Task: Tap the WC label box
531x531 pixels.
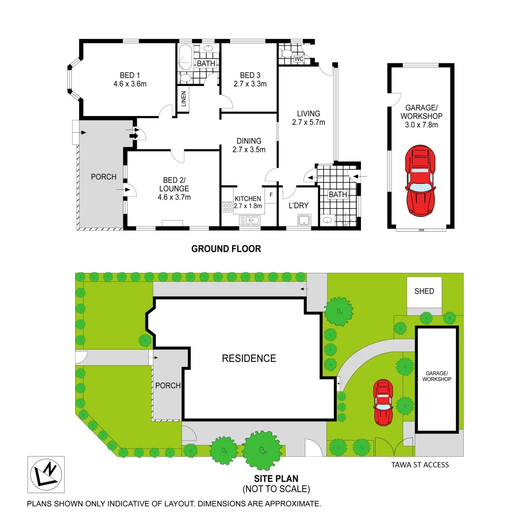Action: tap(298, 59)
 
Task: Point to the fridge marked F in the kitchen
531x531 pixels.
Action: tap(271, 195)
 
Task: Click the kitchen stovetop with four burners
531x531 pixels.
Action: tap(227, 207)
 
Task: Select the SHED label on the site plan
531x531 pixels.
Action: tap(424, 291)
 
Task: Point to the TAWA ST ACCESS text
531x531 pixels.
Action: tap(420, 464)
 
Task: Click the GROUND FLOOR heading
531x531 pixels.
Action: tap(226, 249)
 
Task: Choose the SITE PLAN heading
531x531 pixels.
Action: tap(276, 478)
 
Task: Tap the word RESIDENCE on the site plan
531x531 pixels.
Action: tap(249, 358)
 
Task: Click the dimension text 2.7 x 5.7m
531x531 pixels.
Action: tap(308, 122)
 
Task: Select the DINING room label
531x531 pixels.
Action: tap(249, 141)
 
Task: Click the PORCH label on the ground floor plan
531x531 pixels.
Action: tap(104, 177)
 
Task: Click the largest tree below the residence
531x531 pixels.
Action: tap(263, 449)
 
